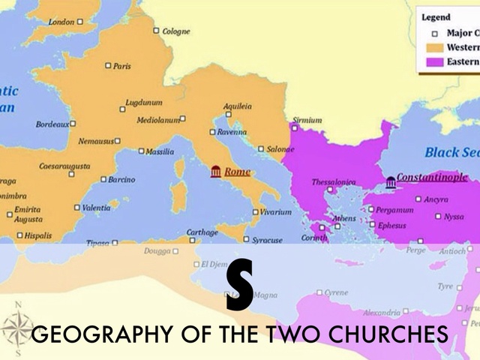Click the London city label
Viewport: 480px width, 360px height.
point(61,22)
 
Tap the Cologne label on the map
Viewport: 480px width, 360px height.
point(177,31)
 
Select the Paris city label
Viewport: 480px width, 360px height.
point(121,66)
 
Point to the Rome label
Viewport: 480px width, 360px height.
point(237,172)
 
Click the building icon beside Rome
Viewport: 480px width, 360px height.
point(216,172)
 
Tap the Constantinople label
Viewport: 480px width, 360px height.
point(432,178)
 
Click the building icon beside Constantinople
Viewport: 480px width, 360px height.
point(391,181)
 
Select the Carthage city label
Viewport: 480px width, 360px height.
point(202,232)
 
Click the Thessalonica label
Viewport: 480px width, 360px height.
point(334,182)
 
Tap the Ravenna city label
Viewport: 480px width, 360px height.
point(232,132)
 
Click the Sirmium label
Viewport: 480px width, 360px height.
point(307,120)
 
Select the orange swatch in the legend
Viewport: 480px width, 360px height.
point(434,47)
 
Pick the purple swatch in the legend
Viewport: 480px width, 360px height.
point(434,61)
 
